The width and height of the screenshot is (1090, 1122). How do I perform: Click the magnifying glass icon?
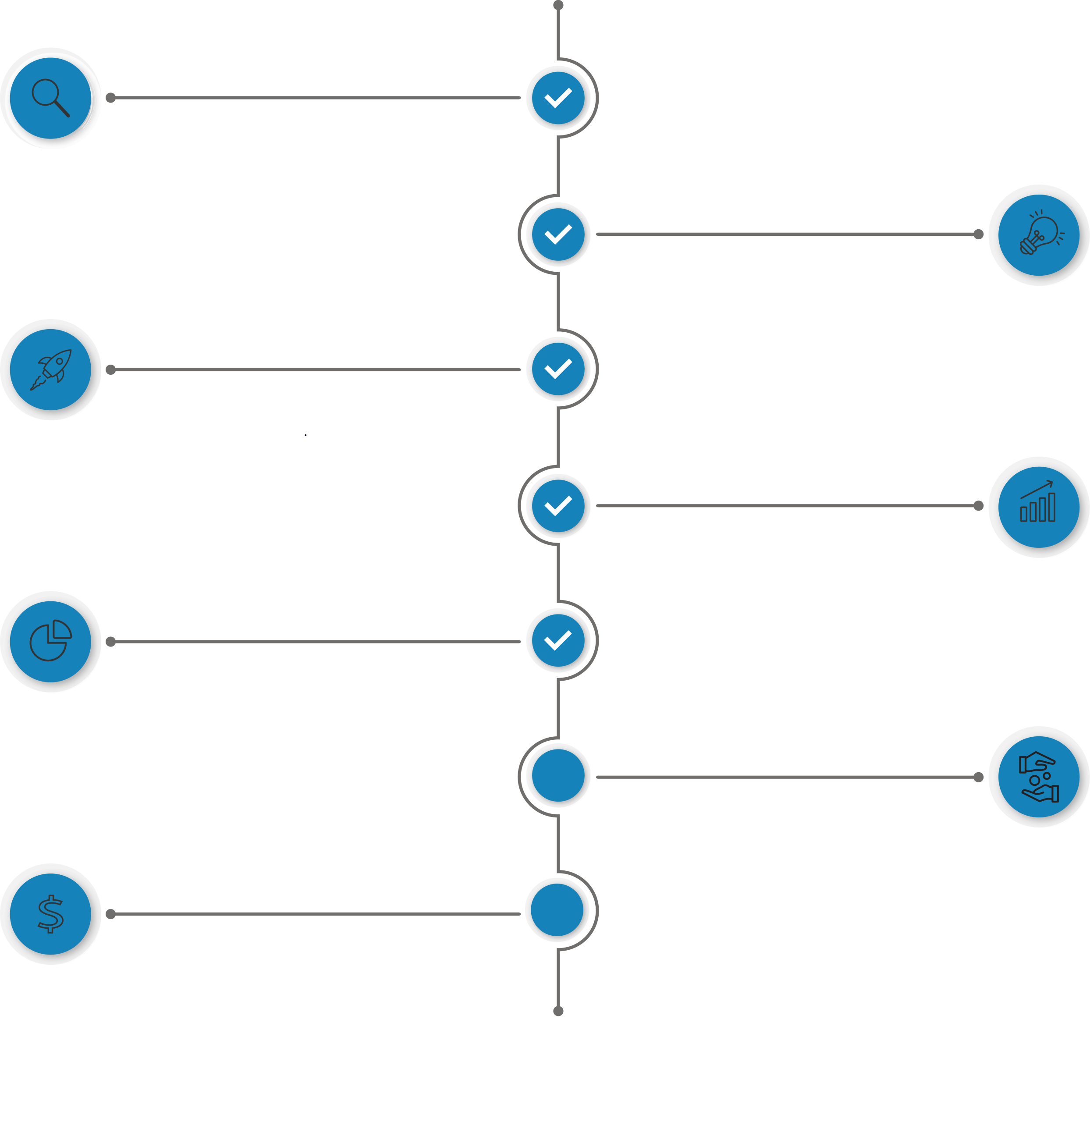click(x=50, y=98)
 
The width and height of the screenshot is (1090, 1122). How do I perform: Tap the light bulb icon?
click(x=1039, y=235)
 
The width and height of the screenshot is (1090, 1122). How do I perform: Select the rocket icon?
click(x=50, y=370)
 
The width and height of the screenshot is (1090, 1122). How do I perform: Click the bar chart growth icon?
click(x=1039, y=506)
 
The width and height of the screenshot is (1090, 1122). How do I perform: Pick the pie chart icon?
click(x=50, y=641)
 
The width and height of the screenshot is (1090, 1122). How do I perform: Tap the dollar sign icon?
click(x=50, y=914)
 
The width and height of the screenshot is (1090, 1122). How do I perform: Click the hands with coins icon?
click(x=1039, y=777)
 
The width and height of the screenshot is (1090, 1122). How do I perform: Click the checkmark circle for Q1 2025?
click(x=558, y=98)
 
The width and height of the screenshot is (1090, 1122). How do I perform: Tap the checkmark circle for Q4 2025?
click(x=558, y=506)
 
